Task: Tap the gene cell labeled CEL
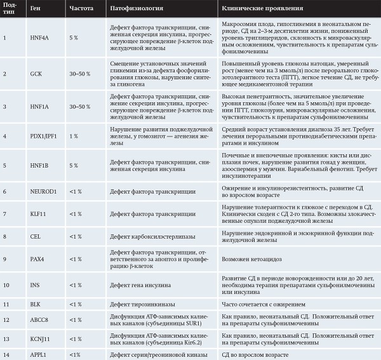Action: coord(34,236)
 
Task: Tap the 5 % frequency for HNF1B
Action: coord(73,165)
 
